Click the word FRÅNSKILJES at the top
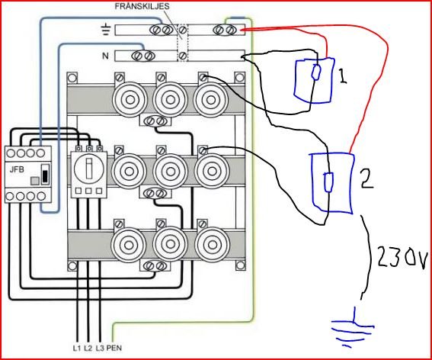(142, 7)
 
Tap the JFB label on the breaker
(17, 169)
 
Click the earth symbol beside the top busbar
(106, 30)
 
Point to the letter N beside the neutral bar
(105, 56)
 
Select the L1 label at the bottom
(77, 348)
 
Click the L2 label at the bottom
(88, 348)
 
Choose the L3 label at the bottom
(100, 348)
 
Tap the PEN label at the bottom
(114, 348)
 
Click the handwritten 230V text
(402, 256)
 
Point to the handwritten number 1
(342, 76)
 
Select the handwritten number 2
(366, 178)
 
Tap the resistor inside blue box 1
(315, 72)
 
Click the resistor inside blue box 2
(328, 182)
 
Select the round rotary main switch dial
(89, 168)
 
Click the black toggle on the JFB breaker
(45, 175)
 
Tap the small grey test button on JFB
(35, 181)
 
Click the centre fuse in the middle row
(171, 172)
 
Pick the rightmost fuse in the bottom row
(212, 245)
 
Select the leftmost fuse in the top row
(130, 100)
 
